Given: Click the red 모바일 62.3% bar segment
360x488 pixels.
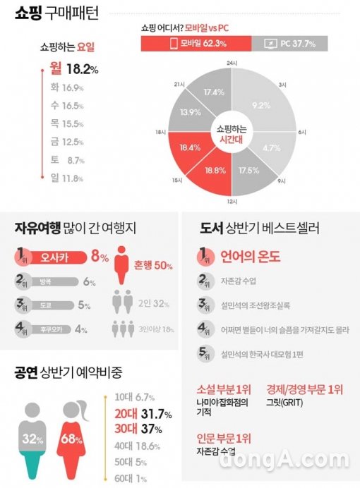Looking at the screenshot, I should (196, 44).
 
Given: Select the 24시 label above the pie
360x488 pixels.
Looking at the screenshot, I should (231, 63).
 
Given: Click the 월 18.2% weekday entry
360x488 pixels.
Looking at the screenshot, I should (74, 69).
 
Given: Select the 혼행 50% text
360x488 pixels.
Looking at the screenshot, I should (153, 265).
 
